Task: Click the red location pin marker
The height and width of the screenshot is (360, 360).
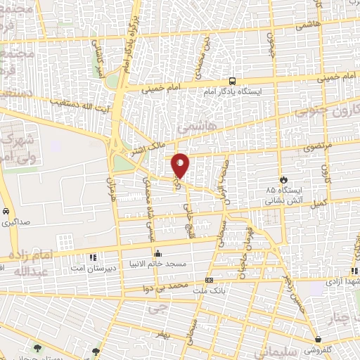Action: [181, 165]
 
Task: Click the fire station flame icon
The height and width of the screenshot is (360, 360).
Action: [283, 179]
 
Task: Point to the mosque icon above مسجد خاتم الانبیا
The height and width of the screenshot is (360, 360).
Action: [157, 253]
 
